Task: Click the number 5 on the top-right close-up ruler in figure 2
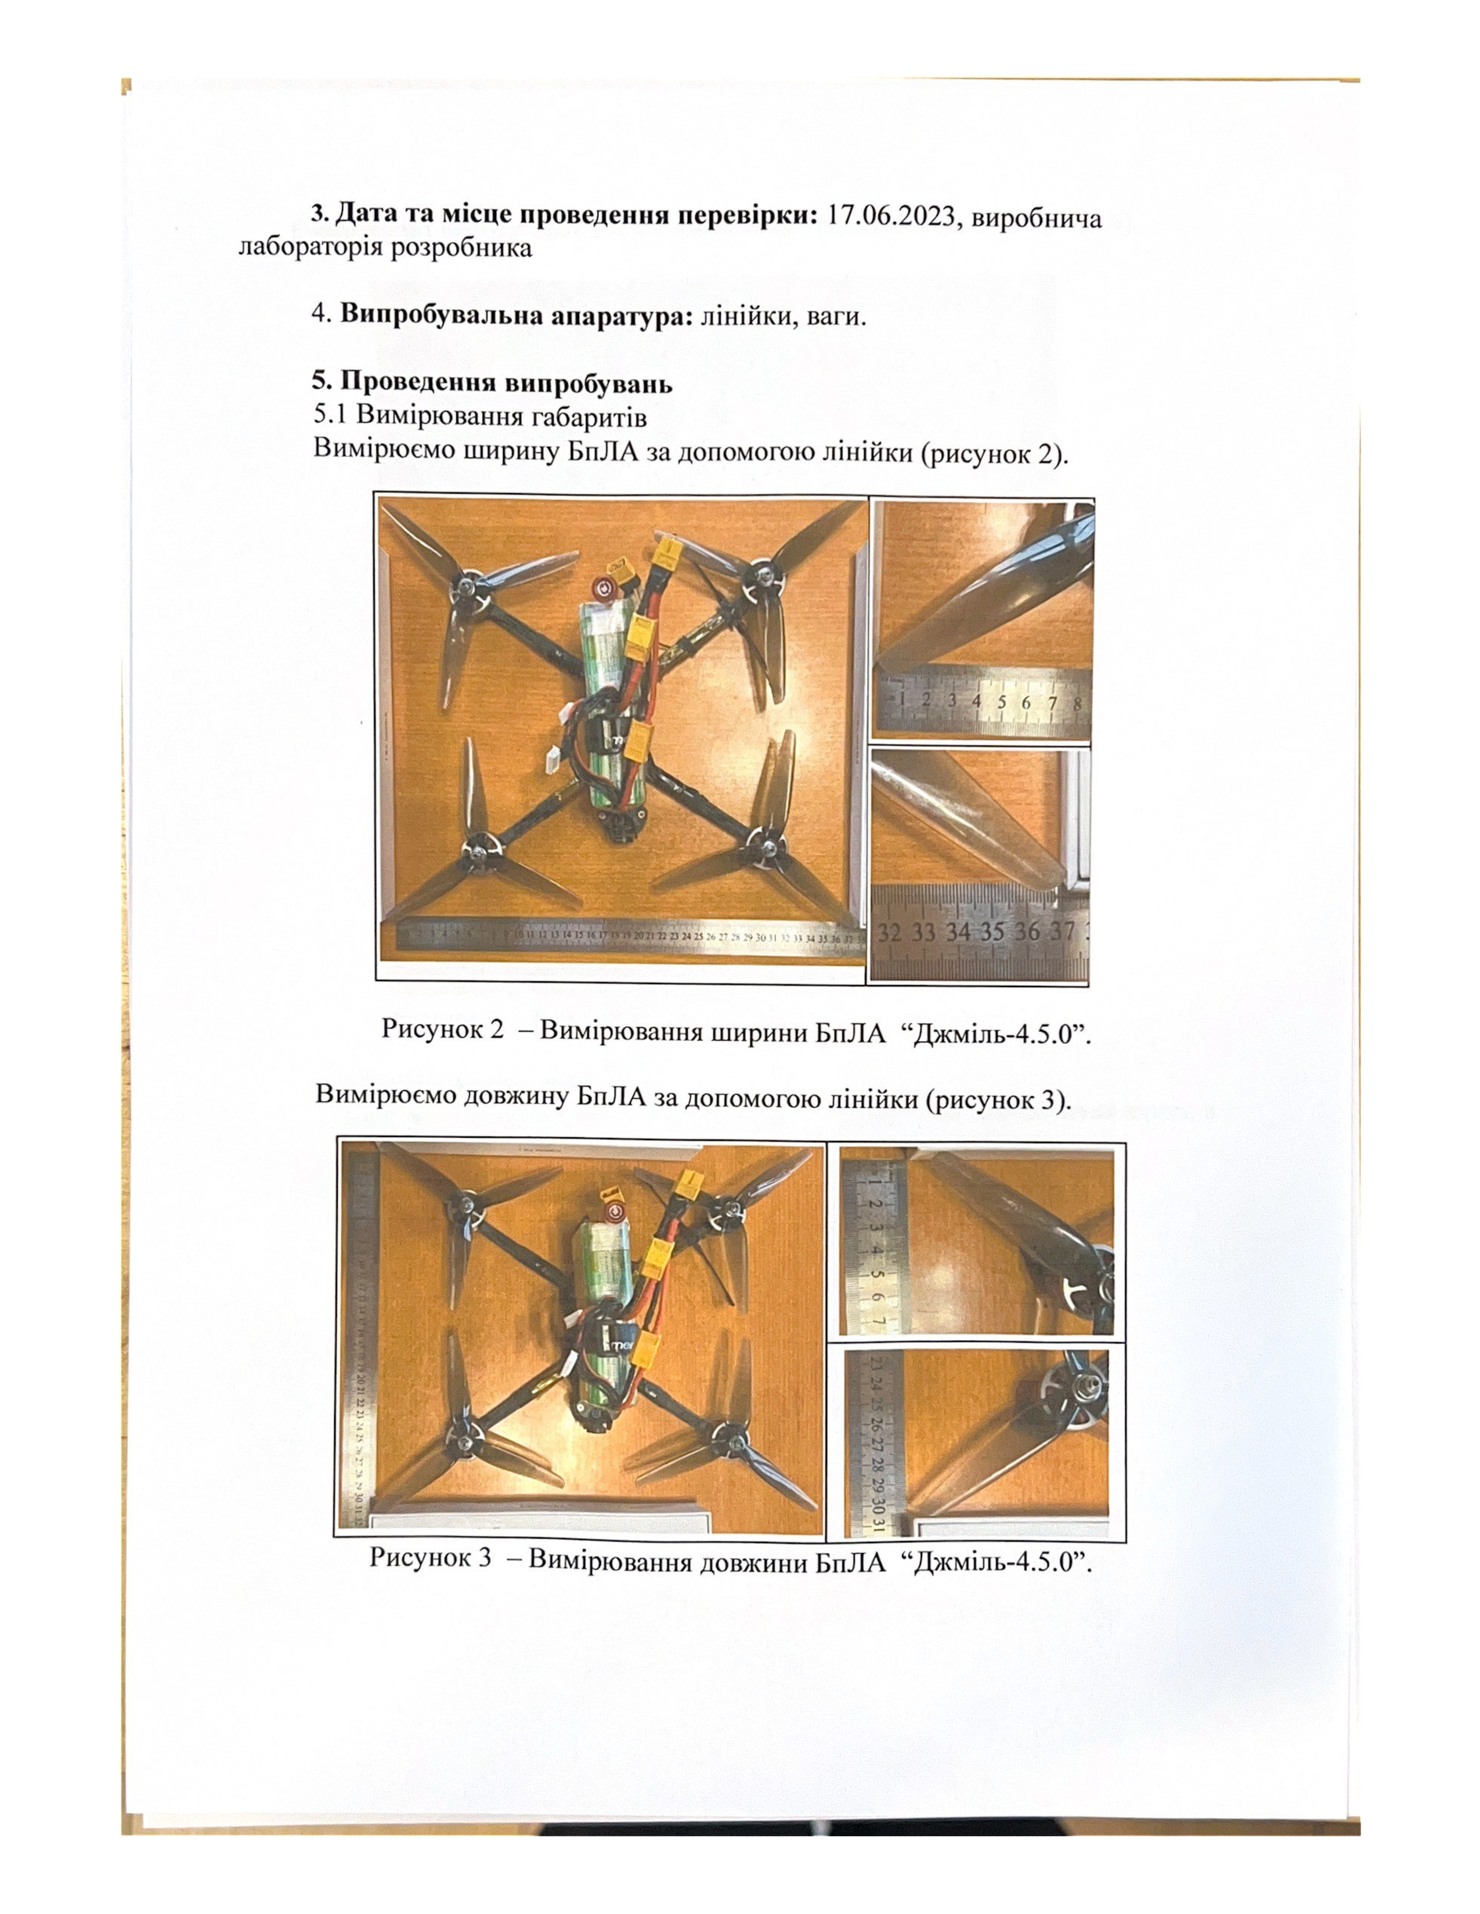coord(1001,702)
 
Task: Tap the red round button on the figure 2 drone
coord(601,588)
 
